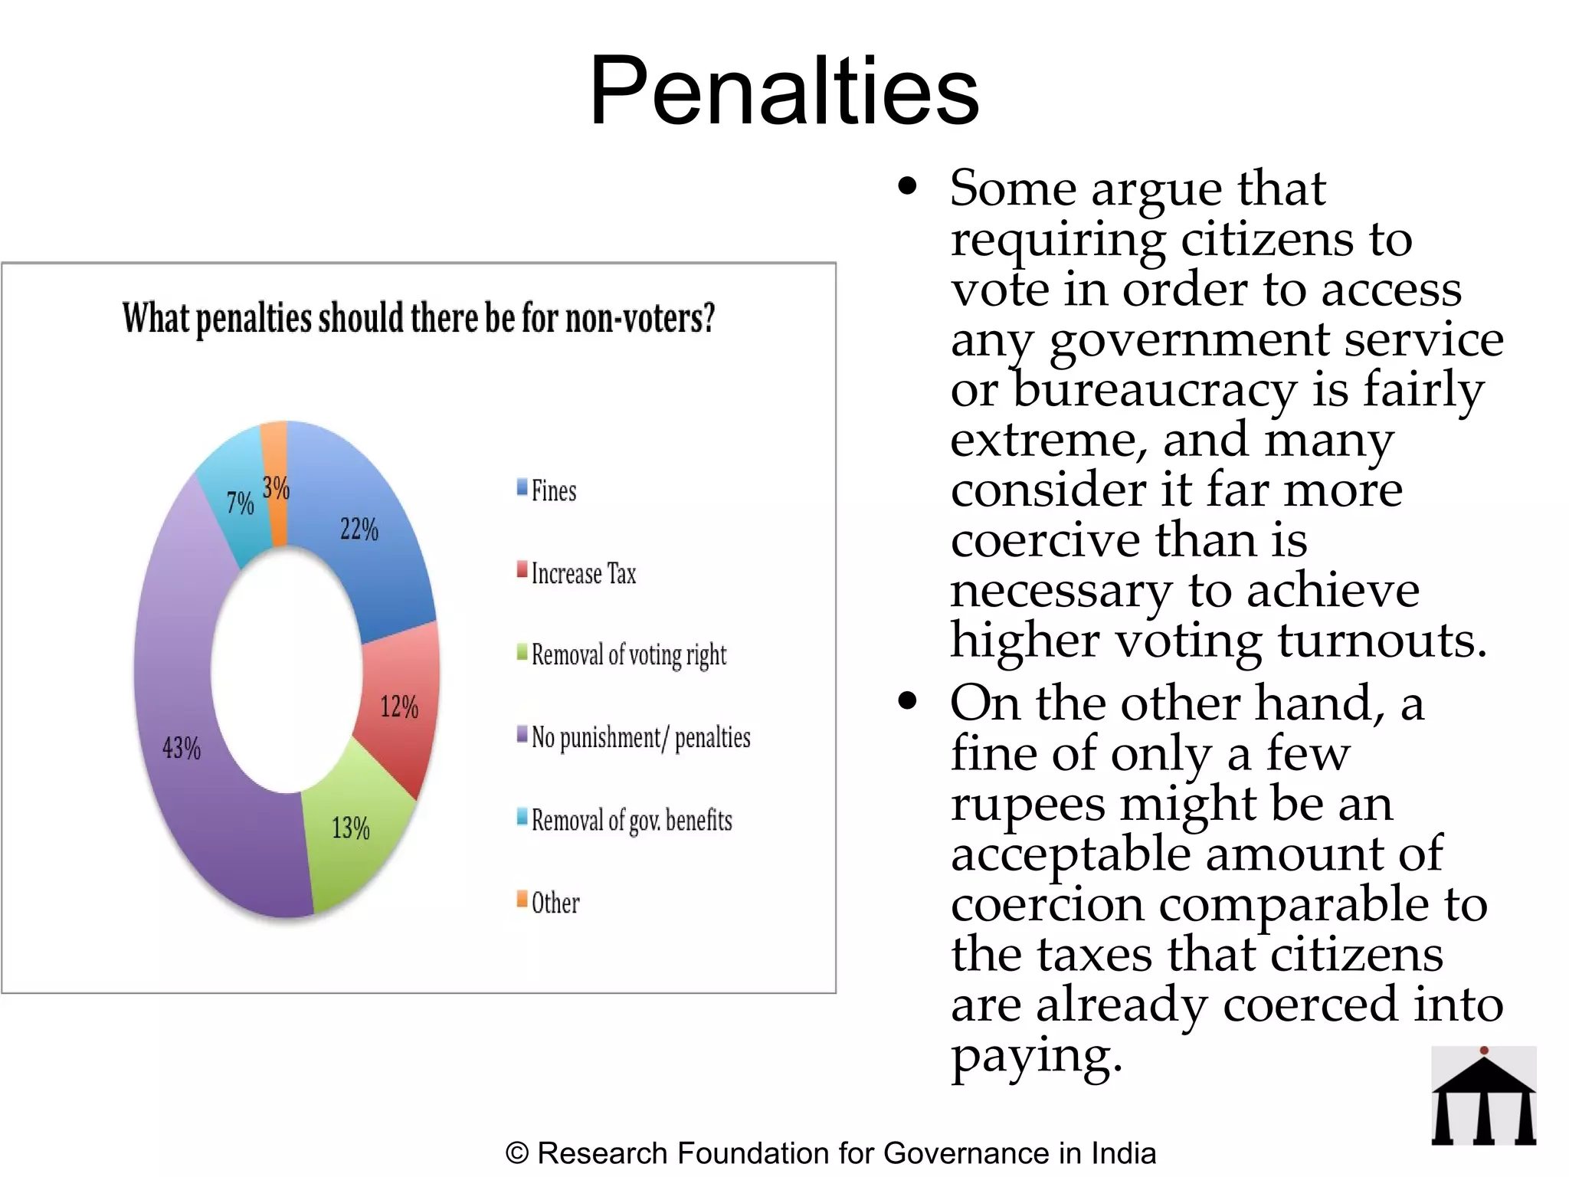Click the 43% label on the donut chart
click(x=182, y=747)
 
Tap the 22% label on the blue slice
click(x=359, y=529)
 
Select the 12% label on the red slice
click(x=399, y=707)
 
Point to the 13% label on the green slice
click(x=350, y=828)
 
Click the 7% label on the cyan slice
click(x=240, y=503)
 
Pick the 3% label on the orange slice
click(x=276, y=487)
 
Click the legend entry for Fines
click(x=553, y=490)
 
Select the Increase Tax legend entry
click(x=583, y=573)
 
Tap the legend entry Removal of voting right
click(x=628, y=655)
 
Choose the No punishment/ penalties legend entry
click(x=640, y=737)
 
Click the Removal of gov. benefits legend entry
click(x=631, y=820)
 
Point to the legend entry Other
click(x=555, y=903)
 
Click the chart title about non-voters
click(x=418, y=318)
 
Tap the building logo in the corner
click(x=1483, y=1096)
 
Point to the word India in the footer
click(x=1123, y=1153)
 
